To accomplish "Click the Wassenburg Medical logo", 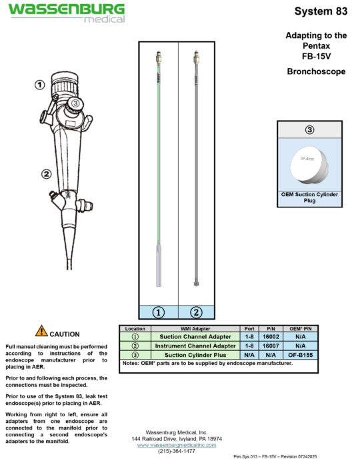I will [x=66, y=12].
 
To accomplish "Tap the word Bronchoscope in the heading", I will [x=316, y=71].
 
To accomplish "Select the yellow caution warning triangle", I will [x=41, y=331].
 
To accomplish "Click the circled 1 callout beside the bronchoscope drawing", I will [x=40, y=85].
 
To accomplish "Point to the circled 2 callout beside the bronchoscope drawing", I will [x=46, y=174].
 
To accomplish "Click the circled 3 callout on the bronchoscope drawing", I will [x=75, y=103].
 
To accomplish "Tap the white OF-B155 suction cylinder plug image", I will [x=310, y=162].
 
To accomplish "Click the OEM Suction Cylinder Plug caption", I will [x=309, y=197].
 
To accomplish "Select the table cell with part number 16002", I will [x=271, y=337].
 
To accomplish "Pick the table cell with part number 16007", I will [x=271, y=346].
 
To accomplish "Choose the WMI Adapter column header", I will [x=195, y=328].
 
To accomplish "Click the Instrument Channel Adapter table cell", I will [x=195, y=346].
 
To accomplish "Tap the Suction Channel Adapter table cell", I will [x=195, y=337].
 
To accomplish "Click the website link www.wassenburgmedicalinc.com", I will [x=177, y=444].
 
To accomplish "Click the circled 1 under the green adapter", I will [x=159, y=312].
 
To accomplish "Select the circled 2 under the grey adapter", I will [x=196, y=312].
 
